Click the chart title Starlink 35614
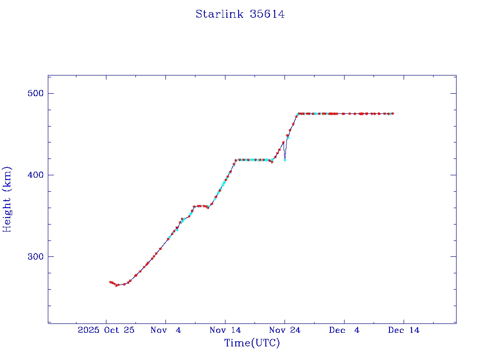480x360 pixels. (240, 15)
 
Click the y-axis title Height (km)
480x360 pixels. (7, 199)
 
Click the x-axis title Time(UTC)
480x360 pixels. (252, 343)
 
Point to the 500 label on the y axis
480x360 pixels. (33, 93)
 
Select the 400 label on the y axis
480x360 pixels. (33, 175)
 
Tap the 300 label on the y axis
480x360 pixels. (33, 256)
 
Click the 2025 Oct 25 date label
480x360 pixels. (106, 330)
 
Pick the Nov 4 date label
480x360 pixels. (165, 330)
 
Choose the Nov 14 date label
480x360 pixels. (225, 330)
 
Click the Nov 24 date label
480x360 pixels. (285, 330)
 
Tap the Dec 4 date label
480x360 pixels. (344, 330)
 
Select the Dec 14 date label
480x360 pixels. (404, 330)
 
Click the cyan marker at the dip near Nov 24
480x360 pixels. (285, 160)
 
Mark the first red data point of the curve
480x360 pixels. (110, 282)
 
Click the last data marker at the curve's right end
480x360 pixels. (393, 113)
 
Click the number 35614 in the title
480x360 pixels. (267, 15)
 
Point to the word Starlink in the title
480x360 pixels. (219, 15)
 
